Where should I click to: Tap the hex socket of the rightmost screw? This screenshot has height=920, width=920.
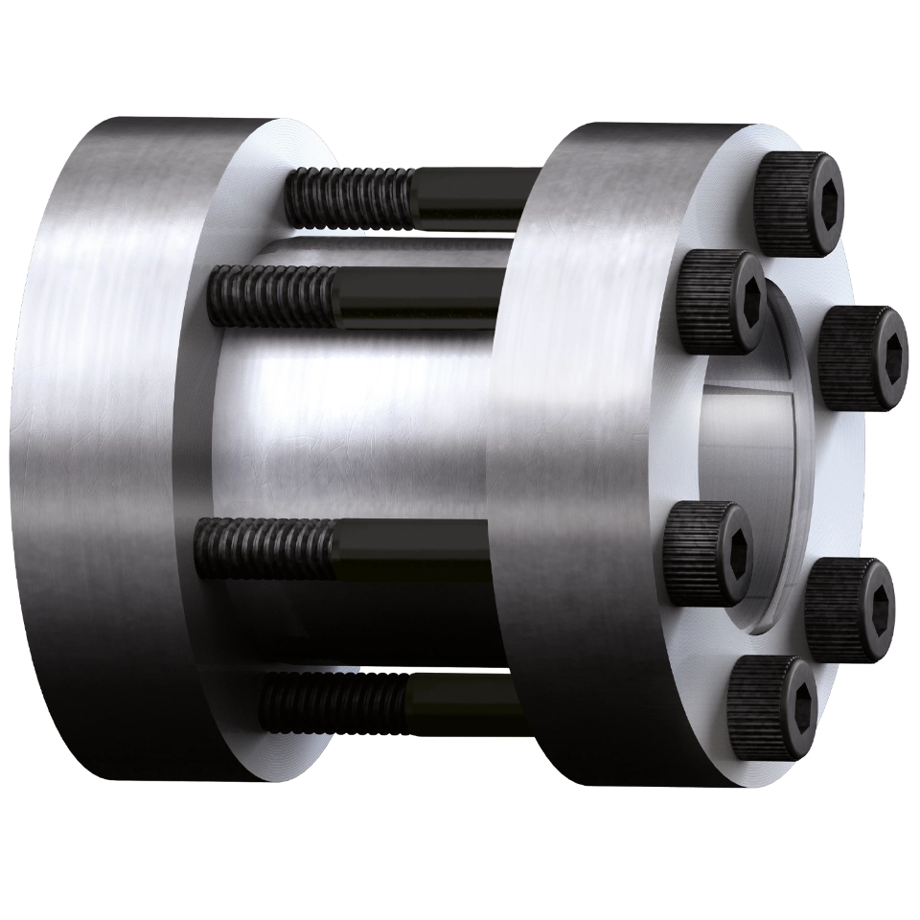(x=897, y=351)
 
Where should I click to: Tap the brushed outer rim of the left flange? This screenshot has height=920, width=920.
(x=96, y=431)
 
